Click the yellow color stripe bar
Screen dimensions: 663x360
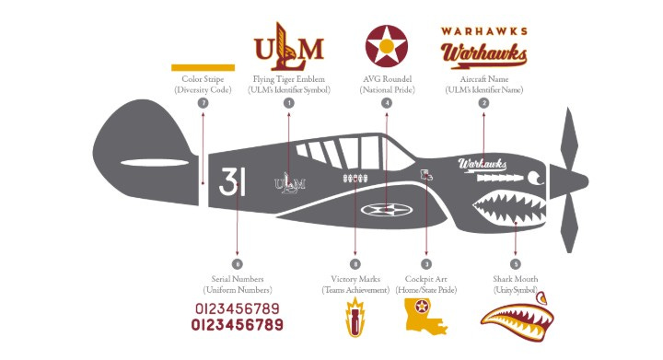[x=203, y=67]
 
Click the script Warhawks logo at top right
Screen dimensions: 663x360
[x=483, y=55]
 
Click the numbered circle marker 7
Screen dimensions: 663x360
[x=203, y=103]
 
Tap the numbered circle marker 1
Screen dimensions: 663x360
[x=289, y=103]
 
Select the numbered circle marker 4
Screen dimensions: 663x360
[x=387, y=103]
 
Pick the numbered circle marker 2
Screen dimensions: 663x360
[x=483, y=103]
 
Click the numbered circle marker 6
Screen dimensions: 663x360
[x=238, y=263]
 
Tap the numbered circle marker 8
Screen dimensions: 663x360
[x=355, y=263]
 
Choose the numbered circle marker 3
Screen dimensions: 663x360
[x=425, y=263]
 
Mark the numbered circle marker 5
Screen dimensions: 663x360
[x=515, y=263]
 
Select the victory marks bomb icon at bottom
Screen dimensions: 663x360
[x=355, y=317]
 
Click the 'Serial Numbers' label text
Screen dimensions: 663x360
[x=238, y=279]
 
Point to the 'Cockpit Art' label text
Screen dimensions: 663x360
[x=425, y=279]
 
